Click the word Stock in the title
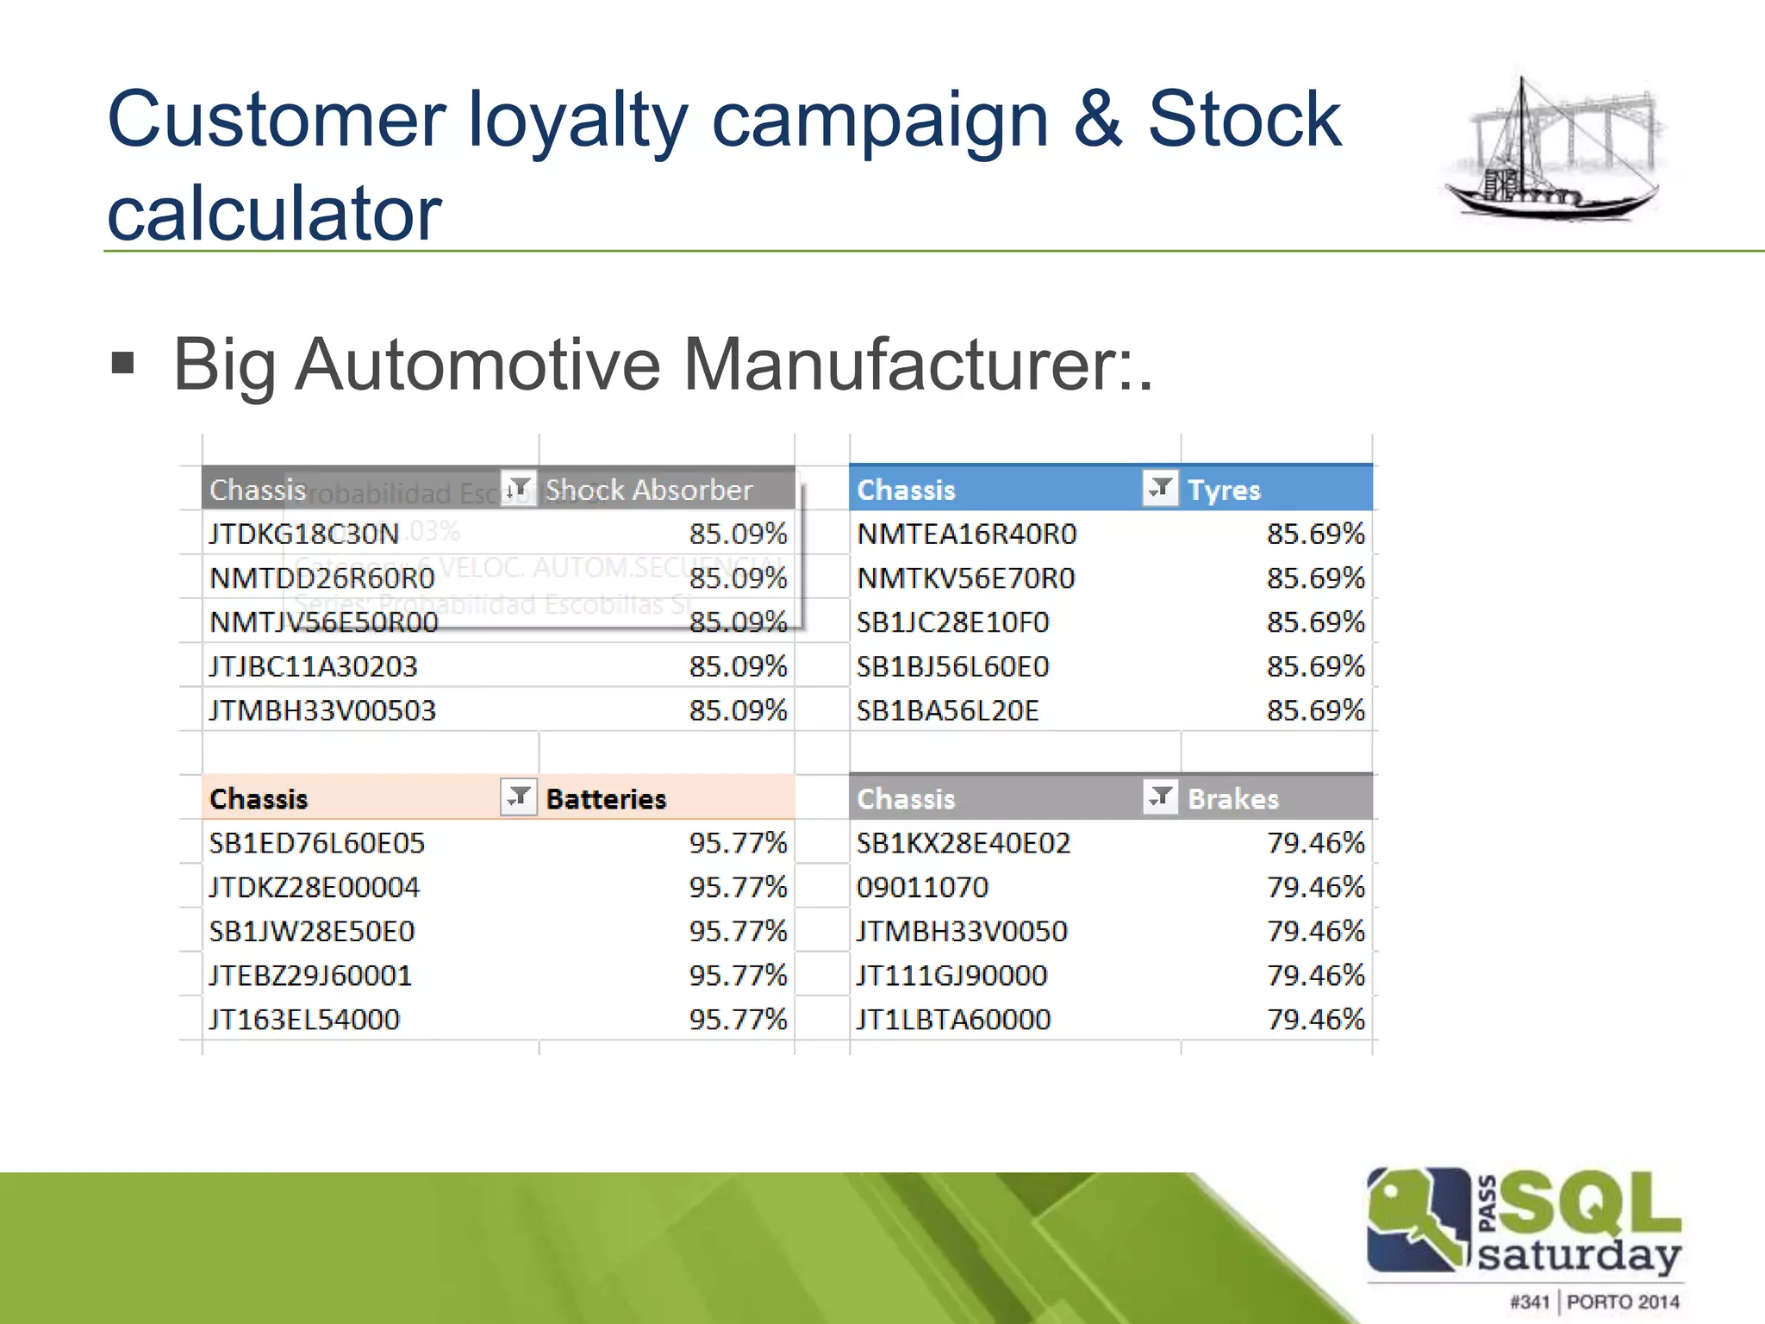click(1244, 120)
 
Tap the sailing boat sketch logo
click(1555, 152)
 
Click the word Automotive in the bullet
click(477, 365)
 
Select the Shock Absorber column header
click(649, 490)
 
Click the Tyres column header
click(1224, 490)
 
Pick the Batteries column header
click(606, 799)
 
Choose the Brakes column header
click(1232, 799)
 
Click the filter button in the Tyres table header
click(1160, 488)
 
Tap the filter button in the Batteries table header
click(519, 797)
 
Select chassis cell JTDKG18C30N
click(304, 534)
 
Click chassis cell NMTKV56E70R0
click(965, 578)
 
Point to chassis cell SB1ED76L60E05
click(316, 843)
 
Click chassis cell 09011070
click(922, 887)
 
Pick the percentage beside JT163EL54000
click(738, 1020)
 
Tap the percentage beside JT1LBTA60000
click(1315, 1020)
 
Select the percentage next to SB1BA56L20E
click(1315, 710)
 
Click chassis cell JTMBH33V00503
click(322, 710)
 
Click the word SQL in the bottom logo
click(1591, 1203)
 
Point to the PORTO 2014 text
click(1623, 1302)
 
